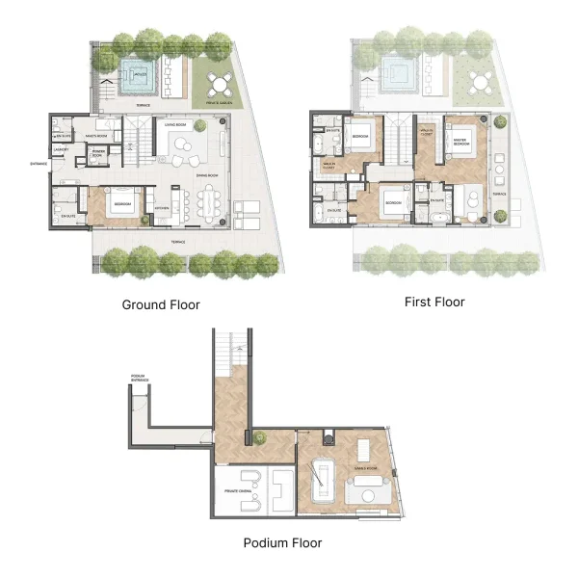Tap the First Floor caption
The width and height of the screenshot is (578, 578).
click(433, 302)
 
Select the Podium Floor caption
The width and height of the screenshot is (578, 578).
click(282, 542)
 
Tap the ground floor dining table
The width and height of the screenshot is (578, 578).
click(207, 200)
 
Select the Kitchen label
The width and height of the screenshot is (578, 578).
click(162, 208)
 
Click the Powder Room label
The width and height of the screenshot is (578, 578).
click(98, 153)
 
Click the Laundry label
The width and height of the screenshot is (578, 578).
click(60, 149)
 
